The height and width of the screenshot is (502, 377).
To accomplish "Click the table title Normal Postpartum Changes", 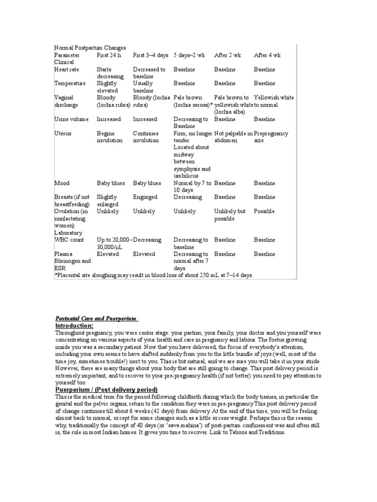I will pyautogui.click(x=90, y=48).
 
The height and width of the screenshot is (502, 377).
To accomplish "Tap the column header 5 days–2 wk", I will pyautogui.click(x=189, y=55).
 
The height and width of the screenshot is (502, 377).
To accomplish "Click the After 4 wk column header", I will pyautogui.click(x=267, y=55).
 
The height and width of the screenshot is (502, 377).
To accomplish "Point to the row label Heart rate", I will pyautogui.click(x=66, y=70).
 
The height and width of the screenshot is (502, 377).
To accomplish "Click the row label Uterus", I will pyautogui.click(x=63, y=133).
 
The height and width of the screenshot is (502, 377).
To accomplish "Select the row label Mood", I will pyautogui.click(x=62, y=183).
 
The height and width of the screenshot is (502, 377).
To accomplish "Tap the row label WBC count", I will pyautogui.click(x=69, y=240).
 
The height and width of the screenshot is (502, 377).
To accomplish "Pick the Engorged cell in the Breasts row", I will pyautogui.click(x=145, y=198).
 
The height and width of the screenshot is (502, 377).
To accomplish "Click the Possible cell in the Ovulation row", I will pyautogui.click(x=264, y=212).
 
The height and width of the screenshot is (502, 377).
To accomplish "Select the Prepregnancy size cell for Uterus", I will pyautogui.click(x=271, y=137).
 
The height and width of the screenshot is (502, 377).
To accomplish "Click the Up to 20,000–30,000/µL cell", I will pyautogui.click(x=114, y=244).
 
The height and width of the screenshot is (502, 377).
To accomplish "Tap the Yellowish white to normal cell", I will pyautogui.click(x=274, y=101).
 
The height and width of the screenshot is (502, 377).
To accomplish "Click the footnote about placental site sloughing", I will pyautogui.click(x=154, y=276).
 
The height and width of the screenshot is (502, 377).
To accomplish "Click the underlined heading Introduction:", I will pyautogui.click(x=74, y=326).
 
